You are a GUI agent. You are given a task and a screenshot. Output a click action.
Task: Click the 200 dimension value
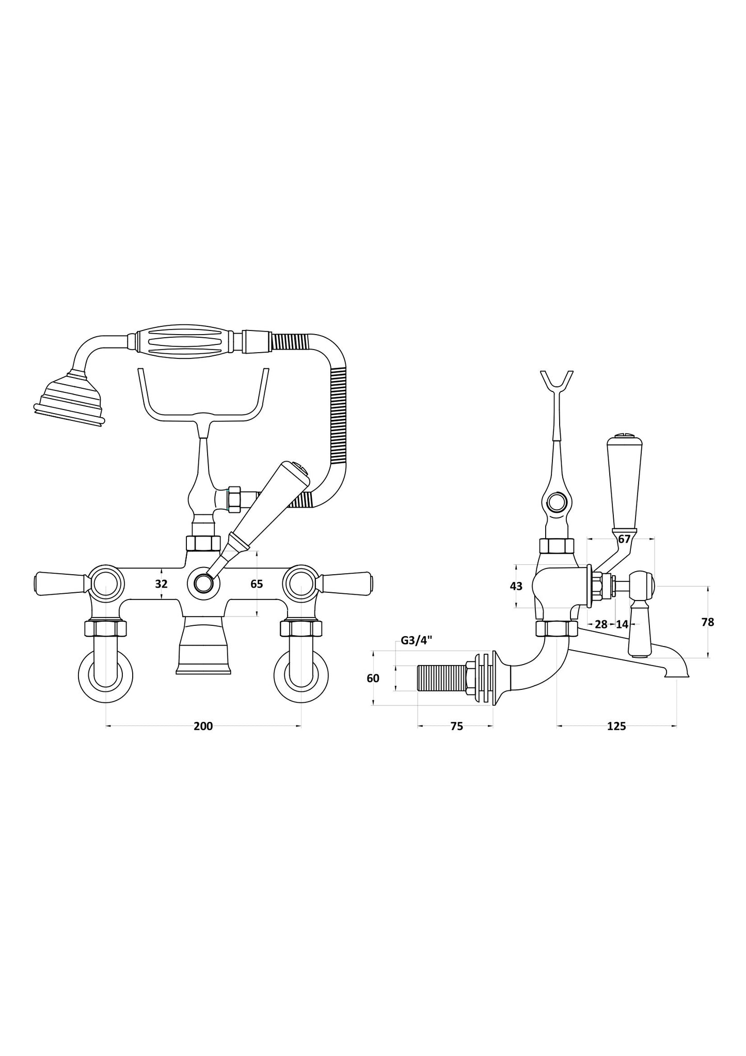[x=203, y=727]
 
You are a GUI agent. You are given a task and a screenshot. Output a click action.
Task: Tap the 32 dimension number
[x=162, y=584]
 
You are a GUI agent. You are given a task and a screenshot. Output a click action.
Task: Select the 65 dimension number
[x=257, y=584]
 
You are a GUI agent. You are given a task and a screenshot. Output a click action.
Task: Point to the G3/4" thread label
[x=416, y=641]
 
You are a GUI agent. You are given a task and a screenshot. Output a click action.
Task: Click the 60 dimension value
[x=373, y=678]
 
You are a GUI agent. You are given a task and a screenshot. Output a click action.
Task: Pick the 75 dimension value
[x=456, y=727]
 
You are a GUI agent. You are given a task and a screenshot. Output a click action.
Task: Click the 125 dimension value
[x=616, y=727]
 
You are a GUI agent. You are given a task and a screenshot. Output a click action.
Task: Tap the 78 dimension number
[x=708, y=622]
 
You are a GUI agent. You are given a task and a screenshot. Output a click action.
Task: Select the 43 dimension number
[x=516, y=586]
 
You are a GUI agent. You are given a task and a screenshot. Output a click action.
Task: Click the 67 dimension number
[x=624, y=539]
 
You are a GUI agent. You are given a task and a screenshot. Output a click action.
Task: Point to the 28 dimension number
[x=601, y=624]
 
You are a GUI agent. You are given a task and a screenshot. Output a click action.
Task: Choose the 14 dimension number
[x=622, y=624]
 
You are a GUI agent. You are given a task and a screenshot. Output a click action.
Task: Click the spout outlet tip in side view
[x=676, y=673]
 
